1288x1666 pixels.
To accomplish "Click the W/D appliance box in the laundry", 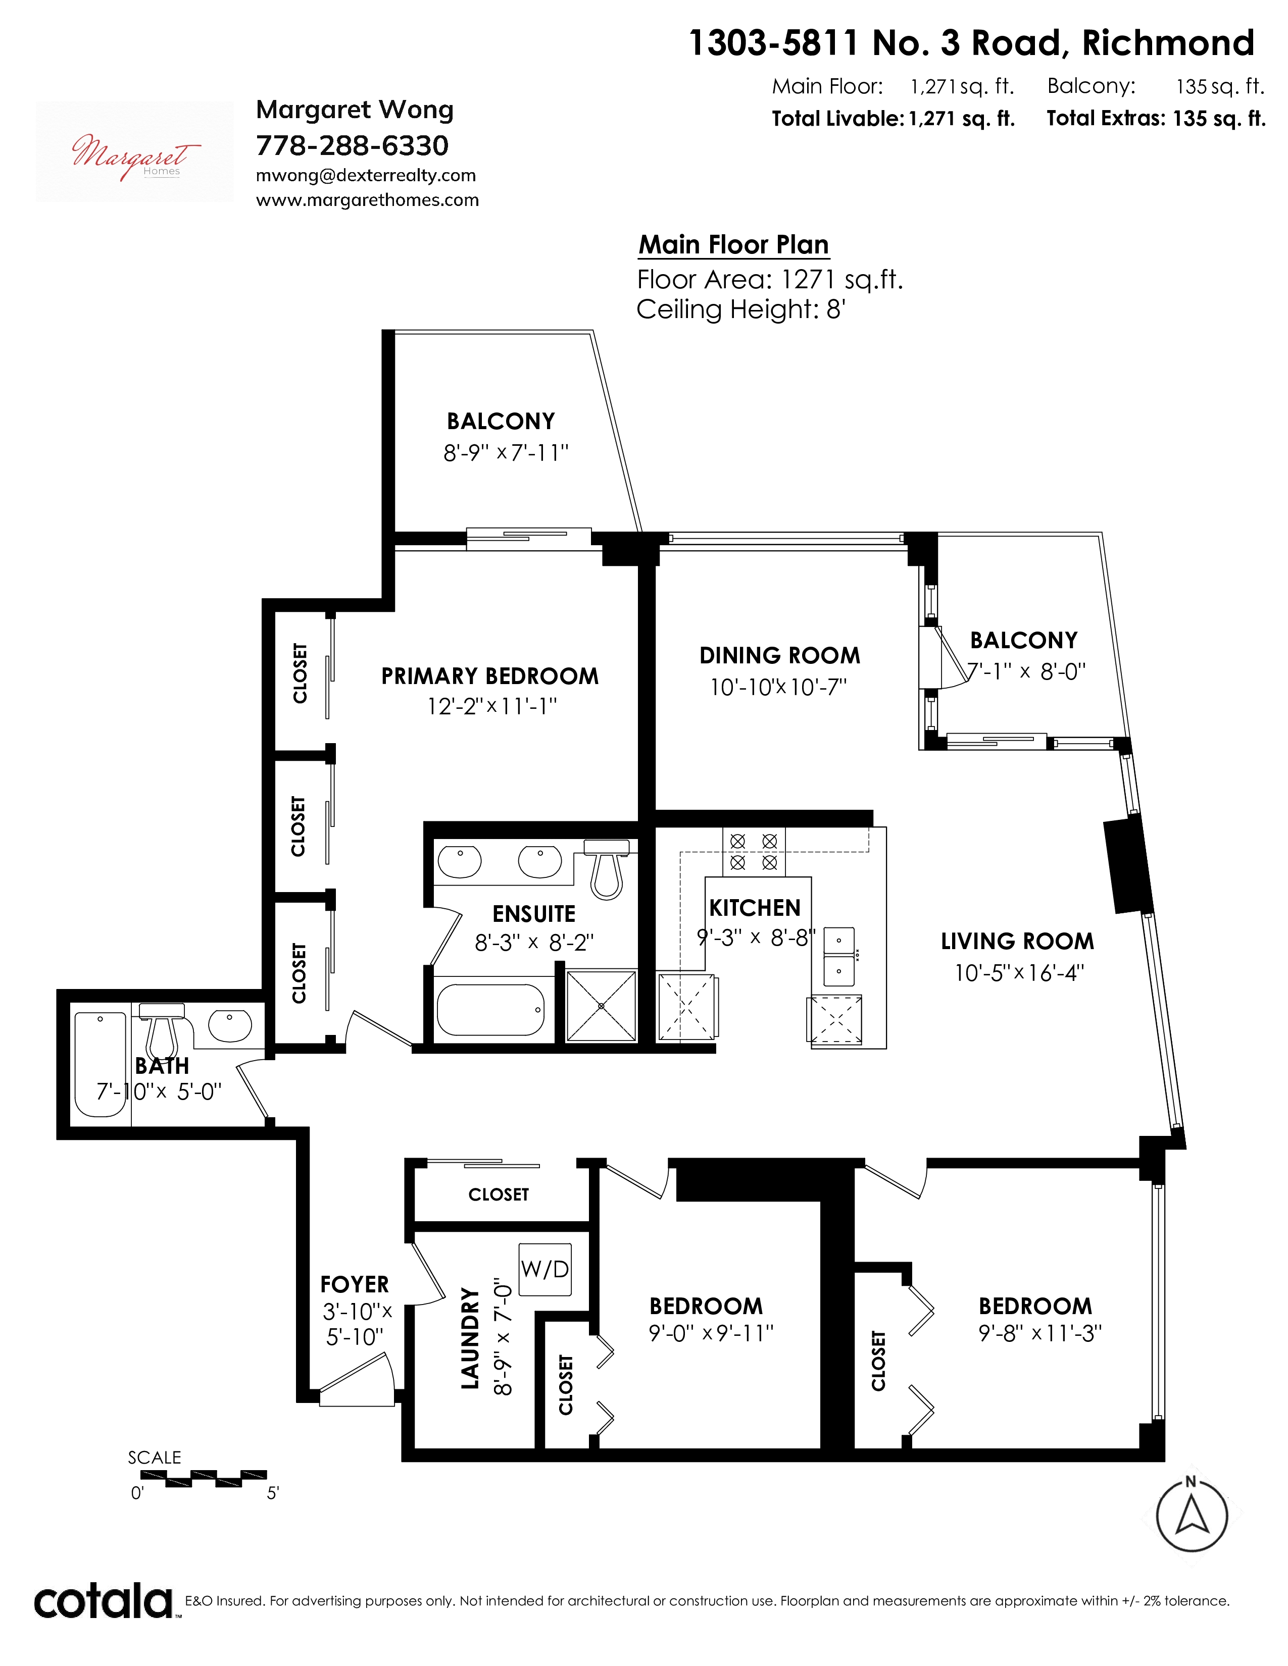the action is tap(545, 1269).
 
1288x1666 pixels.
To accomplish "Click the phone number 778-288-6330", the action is tap(353, 145).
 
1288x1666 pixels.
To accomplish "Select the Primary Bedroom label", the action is tap(490, 676).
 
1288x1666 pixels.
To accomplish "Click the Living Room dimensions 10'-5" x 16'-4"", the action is tap(1019, 973).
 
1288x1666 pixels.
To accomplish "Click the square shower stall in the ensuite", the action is tap(601, 1005).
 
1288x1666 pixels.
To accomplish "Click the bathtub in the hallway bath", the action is tap(100, 1064).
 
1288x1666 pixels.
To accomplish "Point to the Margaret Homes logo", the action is tap(135, 152).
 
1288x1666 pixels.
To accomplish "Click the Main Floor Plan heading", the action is tap(733, 244).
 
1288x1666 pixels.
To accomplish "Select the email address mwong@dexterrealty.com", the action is tap(366, 176).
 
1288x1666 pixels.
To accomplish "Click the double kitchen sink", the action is tap(838, 957).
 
